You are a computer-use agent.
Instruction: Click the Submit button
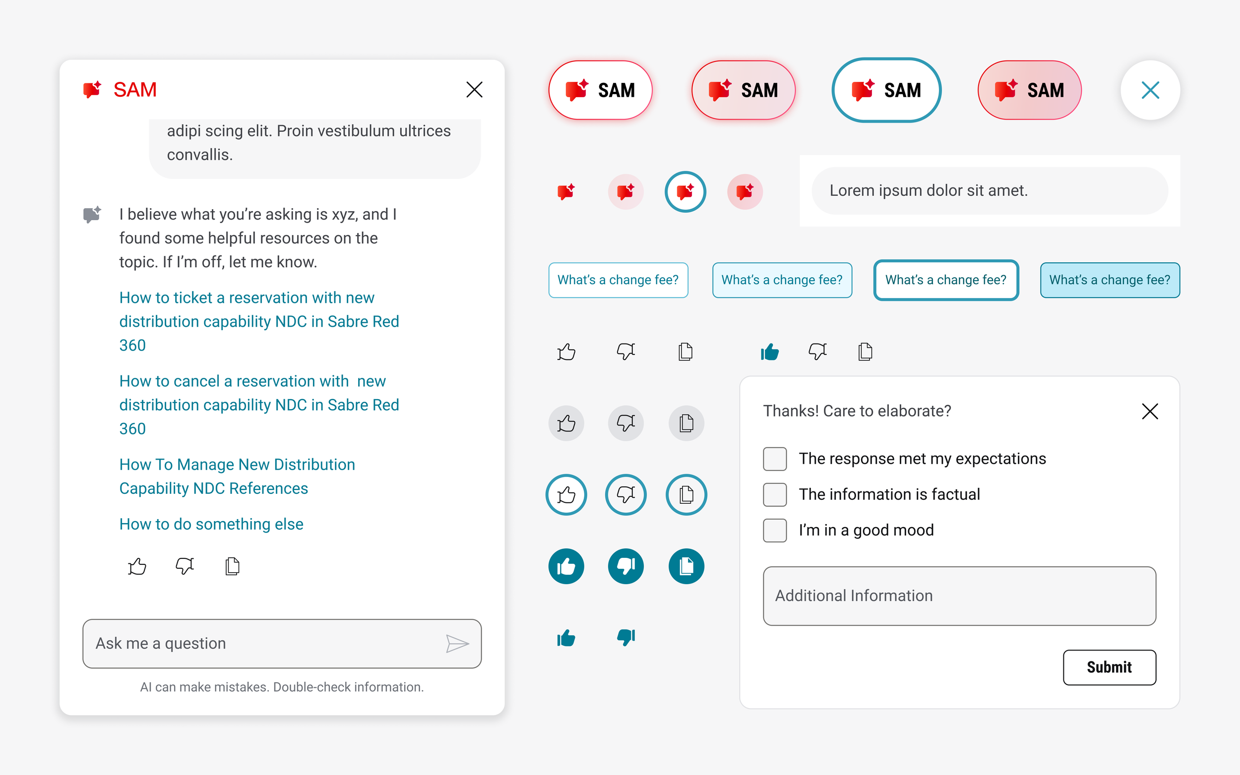pos(1109,667)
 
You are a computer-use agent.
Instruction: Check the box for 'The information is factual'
pos(775,494)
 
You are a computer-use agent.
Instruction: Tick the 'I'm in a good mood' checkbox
pos(775,530)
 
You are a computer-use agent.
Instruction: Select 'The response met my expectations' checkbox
pos(775,458)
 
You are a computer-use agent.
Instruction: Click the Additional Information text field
pos(959,596)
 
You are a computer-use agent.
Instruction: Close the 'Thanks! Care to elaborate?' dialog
pos(1150,411)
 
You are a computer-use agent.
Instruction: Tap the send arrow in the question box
pos(457,643)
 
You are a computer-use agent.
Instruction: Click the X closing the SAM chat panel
pos(474,90)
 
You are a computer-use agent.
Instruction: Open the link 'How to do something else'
pos(211,524)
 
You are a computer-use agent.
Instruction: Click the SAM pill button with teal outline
pos(886,90)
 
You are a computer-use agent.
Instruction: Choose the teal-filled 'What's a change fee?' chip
pos(1109,280)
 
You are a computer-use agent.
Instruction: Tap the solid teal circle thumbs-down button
pos(625,566)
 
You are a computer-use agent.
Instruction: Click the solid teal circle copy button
pos(686,566)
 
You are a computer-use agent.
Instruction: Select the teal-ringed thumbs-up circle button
pos(566,495)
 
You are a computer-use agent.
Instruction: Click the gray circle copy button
pos(686,423)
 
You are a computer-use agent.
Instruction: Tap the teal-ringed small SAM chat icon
pos(685,192)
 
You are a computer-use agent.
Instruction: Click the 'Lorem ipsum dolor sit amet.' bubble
pos(990,191)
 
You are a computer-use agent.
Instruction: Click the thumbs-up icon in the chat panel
pos(137,566)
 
